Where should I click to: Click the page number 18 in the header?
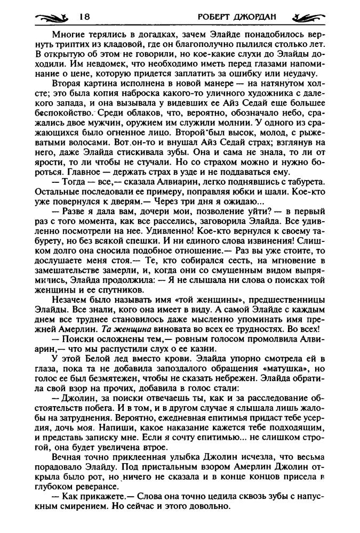84,17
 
